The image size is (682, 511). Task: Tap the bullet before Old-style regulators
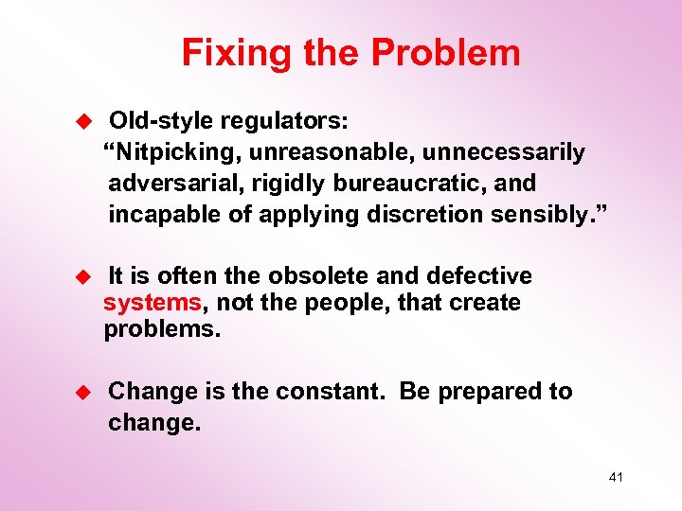tap(82, 122)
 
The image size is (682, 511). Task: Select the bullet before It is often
tap(82, 276)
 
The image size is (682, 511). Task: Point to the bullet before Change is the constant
tap(82, 392)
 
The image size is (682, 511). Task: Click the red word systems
tap(152, 303)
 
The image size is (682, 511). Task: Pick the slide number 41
tap(616, 478)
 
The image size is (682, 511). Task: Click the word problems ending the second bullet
tap(161, 329)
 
